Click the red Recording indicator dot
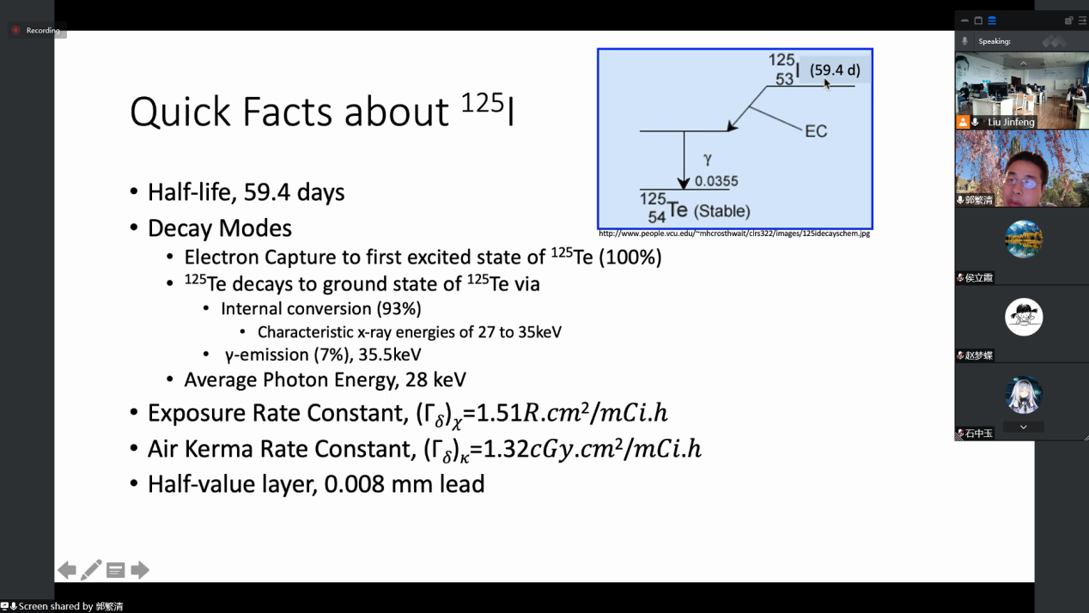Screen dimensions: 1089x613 (16, 30)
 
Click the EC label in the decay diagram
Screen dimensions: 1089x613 (816, 131)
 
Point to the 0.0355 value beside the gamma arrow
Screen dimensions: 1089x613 (716, 181)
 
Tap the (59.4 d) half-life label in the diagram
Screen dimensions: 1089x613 (835, 70)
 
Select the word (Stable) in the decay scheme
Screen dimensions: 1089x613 (722, 211)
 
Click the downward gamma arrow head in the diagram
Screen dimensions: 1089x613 (684, 183)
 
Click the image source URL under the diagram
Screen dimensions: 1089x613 (734, 234)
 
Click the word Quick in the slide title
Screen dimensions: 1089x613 (179, 112)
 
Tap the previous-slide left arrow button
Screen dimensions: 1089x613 (67, 570)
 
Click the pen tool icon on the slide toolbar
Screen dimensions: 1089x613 (91, 570)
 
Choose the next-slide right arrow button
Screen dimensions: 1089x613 (139, 570)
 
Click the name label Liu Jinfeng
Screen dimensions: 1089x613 (1011, 122)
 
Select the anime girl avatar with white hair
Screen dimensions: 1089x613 (1024, 395)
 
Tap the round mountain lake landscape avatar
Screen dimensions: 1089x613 (1024, 240)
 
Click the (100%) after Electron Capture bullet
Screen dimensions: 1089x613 (630, 258)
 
